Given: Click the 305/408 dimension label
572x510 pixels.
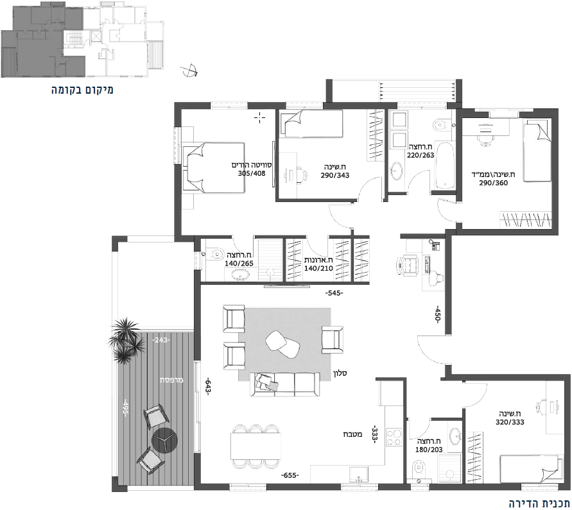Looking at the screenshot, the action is click(252, 173).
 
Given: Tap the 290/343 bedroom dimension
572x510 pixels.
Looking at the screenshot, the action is click(335, 175).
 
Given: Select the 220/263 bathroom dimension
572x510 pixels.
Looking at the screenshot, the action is click(420, 155).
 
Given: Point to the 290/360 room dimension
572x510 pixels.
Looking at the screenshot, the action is click(494, 183).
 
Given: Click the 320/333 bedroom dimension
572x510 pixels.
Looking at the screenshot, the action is click(510, 422).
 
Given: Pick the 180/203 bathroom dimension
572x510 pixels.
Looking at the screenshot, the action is click(429, 450).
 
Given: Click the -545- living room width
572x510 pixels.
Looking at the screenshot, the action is click(334, 293).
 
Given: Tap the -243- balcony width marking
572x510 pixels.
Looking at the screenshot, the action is click(161, 340).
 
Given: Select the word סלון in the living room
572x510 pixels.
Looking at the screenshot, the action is click(340, 373).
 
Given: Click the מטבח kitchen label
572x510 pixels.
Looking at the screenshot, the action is click(352, 434).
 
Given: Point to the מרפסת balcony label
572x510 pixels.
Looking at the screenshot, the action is click(171, 380).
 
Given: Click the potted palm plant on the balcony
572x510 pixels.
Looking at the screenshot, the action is click(125, 340).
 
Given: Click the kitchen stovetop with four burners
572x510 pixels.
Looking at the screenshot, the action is click(394, 437).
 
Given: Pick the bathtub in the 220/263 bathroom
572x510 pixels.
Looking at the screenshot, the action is click(445, 167).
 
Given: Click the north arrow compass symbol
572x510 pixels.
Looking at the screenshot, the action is click(189, 71).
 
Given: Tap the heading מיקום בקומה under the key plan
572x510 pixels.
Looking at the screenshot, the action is click(82, 90).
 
